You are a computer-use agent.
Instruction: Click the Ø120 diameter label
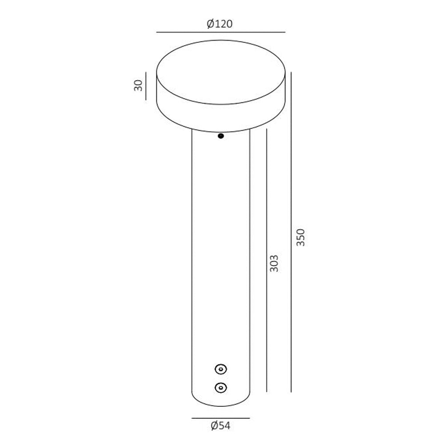pos(220,24)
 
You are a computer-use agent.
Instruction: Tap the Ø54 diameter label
pos(221,426)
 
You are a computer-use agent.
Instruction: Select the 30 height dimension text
pos(138,85)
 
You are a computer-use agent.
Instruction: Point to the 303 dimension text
pos(274,263)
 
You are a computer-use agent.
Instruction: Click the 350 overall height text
pos(300,237)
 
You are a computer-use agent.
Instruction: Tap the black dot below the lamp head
pos(221,136)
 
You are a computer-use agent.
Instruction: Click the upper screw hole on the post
pos(221,369)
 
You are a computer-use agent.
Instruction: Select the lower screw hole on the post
pos(221,388)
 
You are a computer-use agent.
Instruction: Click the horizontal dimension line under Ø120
pos(221,32)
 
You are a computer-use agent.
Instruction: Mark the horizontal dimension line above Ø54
pos(221,418)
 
